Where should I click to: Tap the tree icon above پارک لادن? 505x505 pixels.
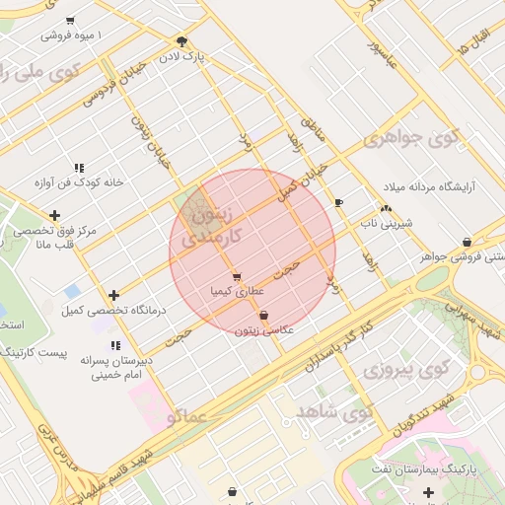coord(181,40)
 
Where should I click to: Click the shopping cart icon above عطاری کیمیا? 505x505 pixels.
coord(236,276)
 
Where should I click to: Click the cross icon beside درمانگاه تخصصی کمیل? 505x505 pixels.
coord(114,295)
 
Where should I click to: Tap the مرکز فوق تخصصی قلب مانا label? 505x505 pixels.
coord(50,238)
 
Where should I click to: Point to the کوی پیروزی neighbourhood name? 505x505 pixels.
coord(400,370)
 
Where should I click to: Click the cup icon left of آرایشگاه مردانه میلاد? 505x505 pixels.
coord(339,202)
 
